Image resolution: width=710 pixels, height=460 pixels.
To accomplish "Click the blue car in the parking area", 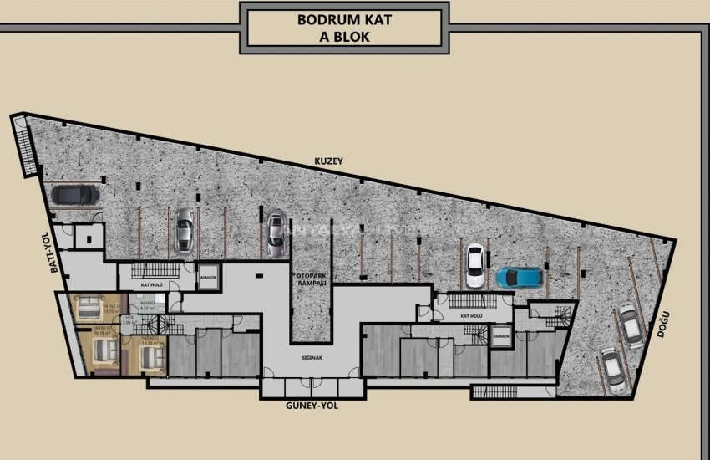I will [519, 276].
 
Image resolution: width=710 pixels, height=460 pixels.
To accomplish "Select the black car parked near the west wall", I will [75, 195].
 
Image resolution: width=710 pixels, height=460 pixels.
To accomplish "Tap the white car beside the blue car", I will [474, 265].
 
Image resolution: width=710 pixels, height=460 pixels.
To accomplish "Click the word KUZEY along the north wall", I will [329, 160].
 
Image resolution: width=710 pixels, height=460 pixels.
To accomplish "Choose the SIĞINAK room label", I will [312, 356].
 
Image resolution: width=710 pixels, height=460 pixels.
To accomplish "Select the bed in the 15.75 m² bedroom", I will [151, 358].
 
